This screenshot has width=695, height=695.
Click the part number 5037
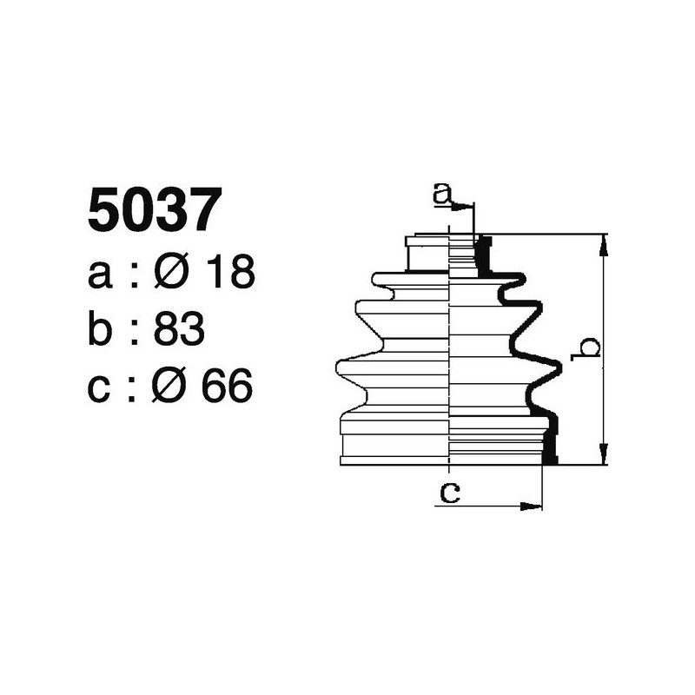pyautogui.click(x=149, y=212)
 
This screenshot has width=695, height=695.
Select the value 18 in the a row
pyautogui.click(x=230, y=274)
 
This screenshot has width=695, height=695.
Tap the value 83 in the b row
pyautogui.click(x=178, y=329)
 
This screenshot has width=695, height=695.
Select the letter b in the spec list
pyautogui.click(x=102, y=329)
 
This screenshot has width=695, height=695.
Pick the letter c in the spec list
pyautogui.click(x=101, y=388)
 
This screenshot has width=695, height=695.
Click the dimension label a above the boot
pyautogui.click(x=443, y=194)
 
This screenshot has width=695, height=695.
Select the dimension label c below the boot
pyautogui.click(x=448, y=493)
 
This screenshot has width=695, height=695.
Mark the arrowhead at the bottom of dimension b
pyautogui.click(x=604, y=455)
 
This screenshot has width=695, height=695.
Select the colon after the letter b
pyautogui.click(x=133, y=331)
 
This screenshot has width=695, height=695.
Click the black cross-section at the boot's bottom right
pyautogui.click(x=549, y=446)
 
